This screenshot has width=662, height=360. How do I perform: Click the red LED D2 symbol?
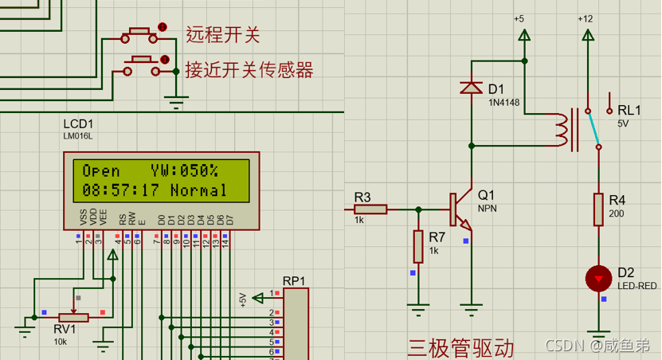(598, 278)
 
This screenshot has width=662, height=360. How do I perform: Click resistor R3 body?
(370, 209)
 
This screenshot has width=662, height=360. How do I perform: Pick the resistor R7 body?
(417, 246)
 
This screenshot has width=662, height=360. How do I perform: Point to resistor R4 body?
(598, 209)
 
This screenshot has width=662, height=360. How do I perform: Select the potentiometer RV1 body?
(75, 317)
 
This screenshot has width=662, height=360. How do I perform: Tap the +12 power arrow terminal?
(587, 34)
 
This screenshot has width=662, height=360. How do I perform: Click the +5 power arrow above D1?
(524, 34)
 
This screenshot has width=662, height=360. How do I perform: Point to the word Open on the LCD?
(101, 170)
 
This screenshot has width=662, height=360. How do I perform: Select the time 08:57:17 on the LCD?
(120, 191)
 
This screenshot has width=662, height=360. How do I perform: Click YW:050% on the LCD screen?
(184, 170)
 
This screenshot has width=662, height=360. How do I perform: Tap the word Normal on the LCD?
(198, 191)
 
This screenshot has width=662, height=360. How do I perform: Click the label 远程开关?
(223, 34)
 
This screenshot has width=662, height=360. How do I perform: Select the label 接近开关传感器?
(249, 69)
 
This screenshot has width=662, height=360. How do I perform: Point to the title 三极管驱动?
(460, 348)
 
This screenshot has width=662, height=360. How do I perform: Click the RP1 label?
(294, 281)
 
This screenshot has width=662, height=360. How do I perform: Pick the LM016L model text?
(78, 136)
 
